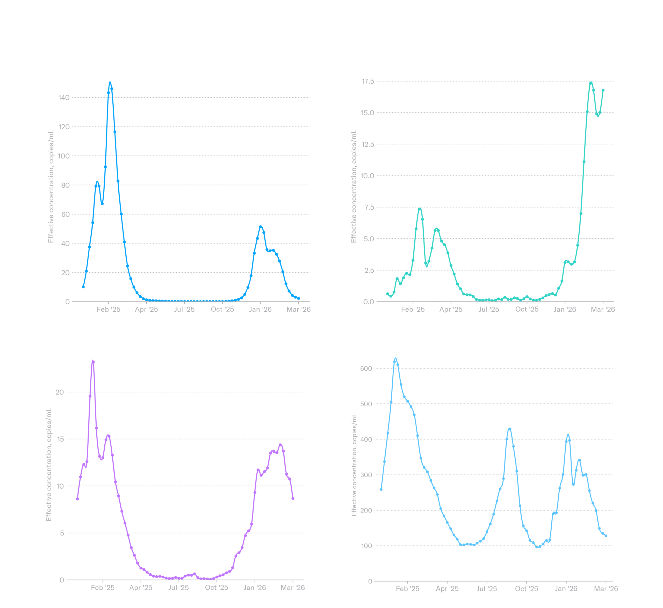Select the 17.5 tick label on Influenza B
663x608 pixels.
coord(368,81)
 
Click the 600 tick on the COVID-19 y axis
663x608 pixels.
coord(366,369)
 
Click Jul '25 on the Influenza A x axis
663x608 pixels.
coord(184,309)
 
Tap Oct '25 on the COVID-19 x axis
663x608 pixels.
coord(526,589)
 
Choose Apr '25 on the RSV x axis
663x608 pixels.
coord(141,588)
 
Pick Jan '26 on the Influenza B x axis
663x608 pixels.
coord(565,309)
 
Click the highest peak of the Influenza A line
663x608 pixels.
coord(110,83)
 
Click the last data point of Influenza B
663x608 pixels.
coord(603,90)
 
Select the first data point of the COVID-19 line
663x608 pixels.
coord(381,489)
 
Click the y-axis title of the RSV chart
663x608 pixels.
coord(49,464)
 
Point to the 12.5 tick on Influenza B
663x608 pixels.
coord(368,144)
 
